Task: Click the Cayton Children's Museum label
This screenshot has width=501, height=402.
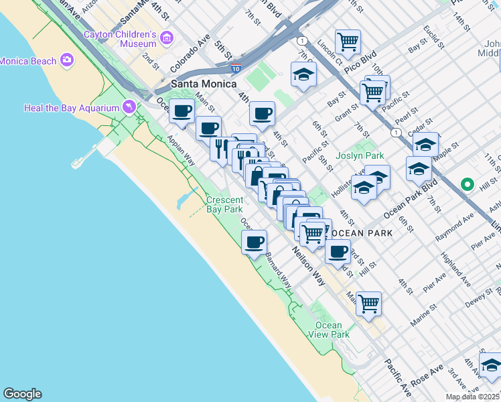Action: (x=121, y=39)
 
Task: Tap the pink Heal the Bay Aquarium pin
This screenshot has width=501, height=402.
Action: (x=129, y=107)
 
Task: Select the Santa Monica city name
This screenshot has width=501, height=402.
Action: (x=204, y=84)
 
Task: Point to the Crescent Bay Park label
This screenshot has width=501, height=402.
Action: (x=224, y=204)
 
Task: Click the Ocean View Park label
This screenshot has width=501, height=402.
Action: (x=329, y=330)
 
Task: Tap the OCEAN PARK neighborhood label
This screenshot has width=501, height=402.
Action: (x=362, y=232)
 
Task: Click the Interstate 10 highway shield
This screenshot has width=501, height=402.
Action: (x=235, y=68)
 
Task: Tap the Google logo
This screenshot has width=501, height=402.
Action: (x=22, y=394)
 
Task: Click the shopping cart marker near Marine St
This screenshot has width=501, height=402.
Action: (x=368, y=303)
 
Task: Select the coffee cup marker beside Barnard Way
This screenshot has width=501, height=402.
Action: (x=254, y=242)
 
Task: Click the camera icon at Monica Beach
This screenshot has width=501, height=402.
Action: (x=66, y=61)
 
